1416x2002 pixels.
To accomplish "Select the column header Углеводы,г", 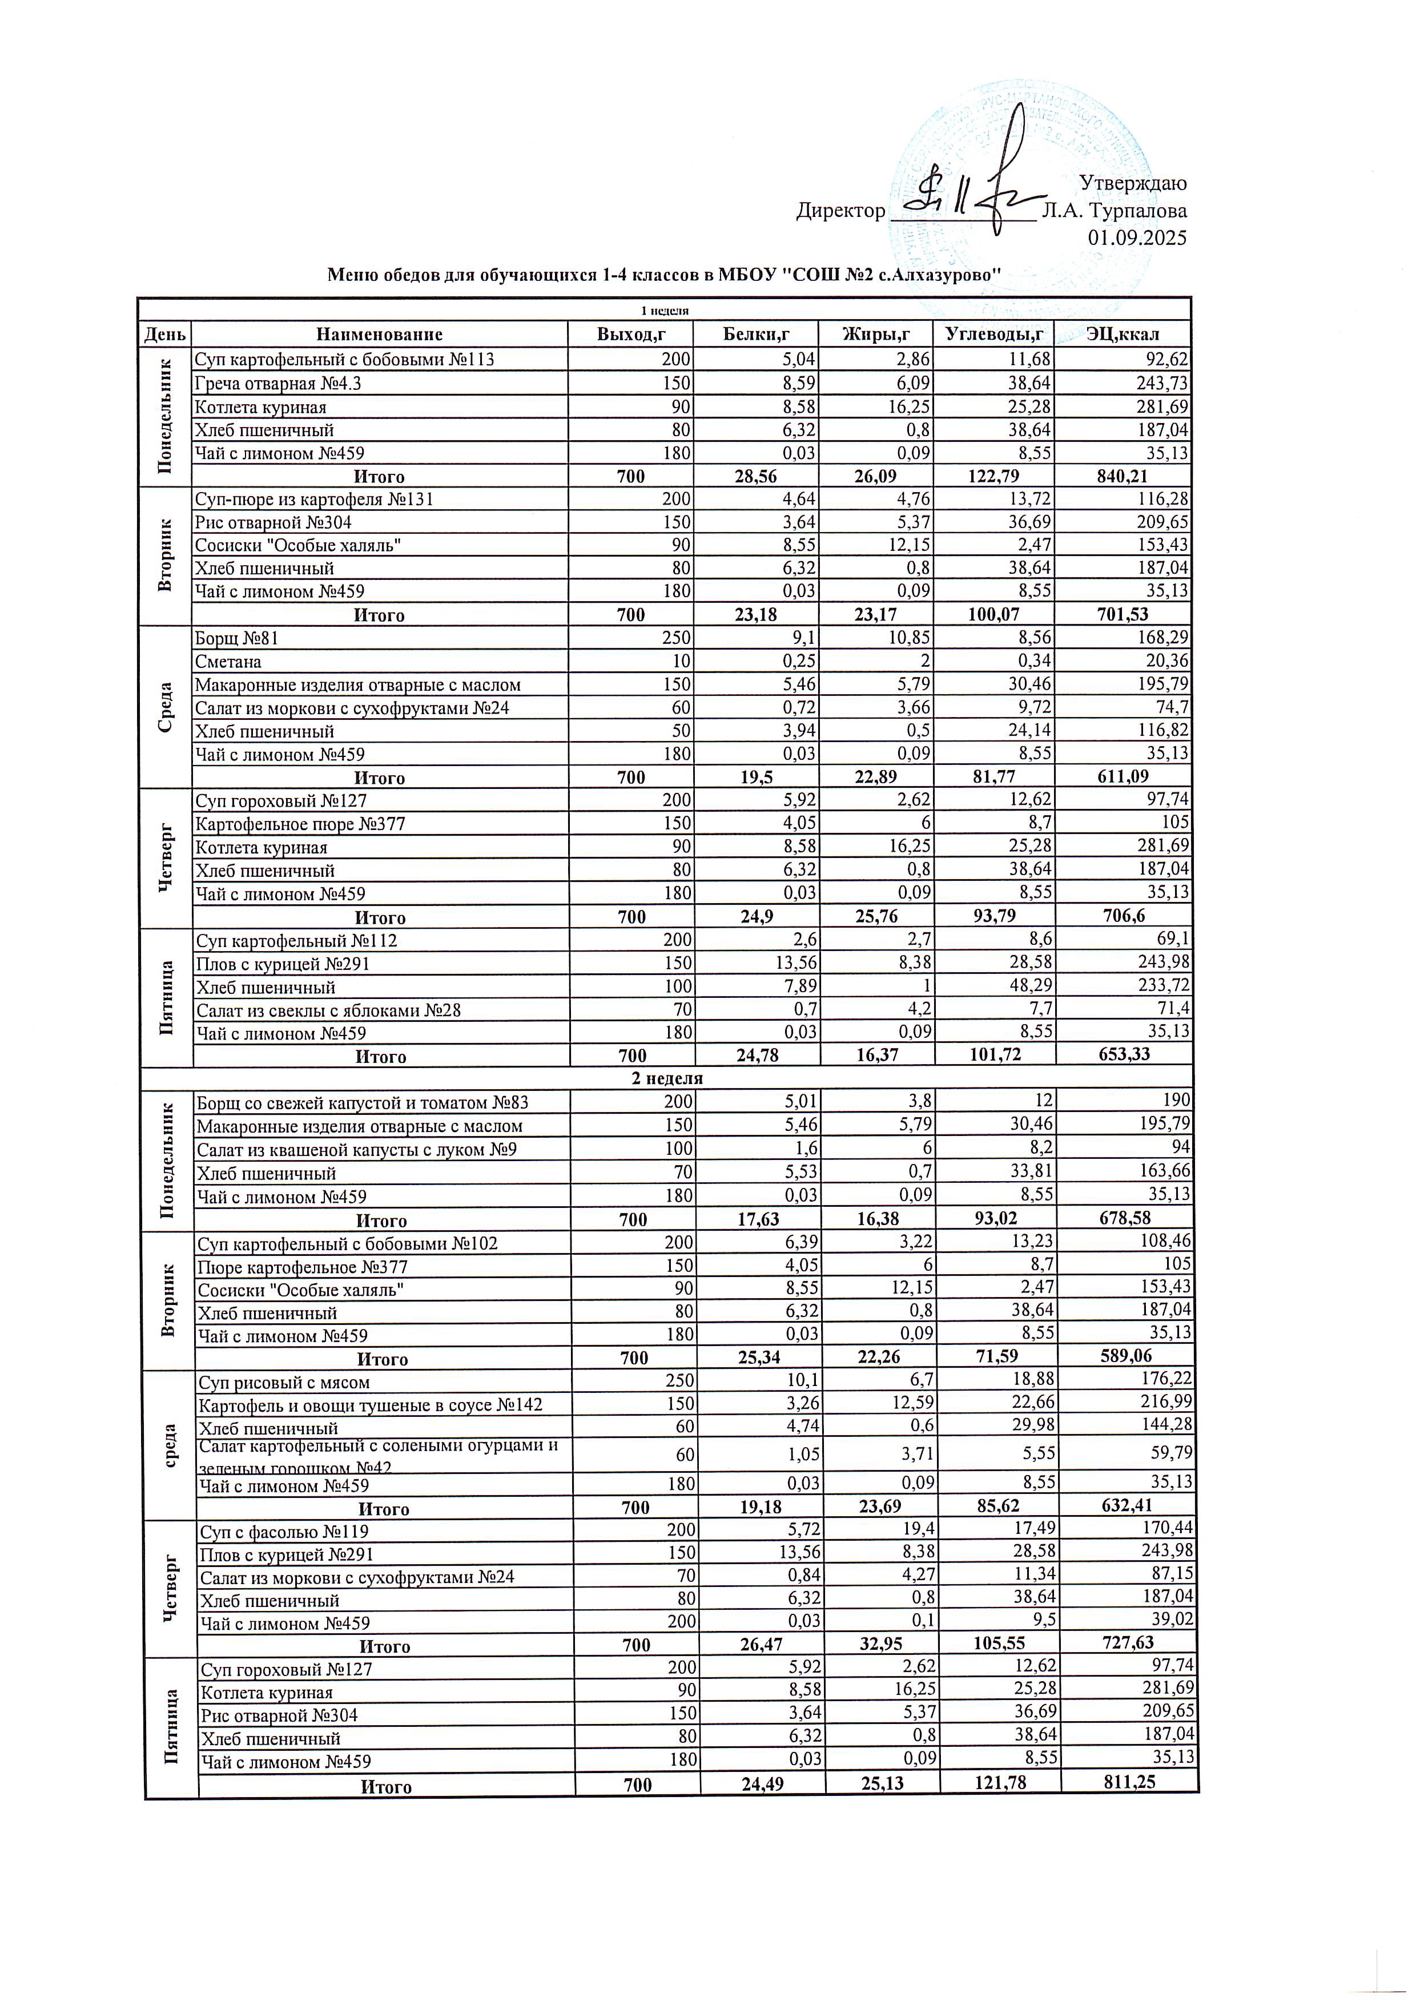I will click(x=992, y=334).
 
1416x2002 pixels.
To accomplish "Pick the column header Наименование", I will click(x=379, y=334).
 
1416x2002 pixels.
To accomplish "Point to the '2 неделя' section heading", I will click(x=667, y=1078).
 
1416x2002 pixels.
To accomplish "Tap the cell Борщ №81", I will click(x=236, y=638).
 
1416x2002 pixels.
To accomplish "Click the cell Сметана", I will click(x=228, y=662).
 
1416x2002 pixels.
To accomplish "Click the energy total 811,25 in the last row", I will click(x=1128, y=1782).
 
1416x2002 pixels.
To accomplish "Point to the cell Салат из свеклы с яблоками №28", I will click(x=329, y=1010).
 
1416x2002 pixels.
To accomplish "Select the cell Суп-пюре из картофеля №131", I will click(x=314, y=500).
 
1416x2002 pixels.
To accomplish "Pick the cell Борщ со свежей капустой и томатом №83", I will click(x=362, y=1103).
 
